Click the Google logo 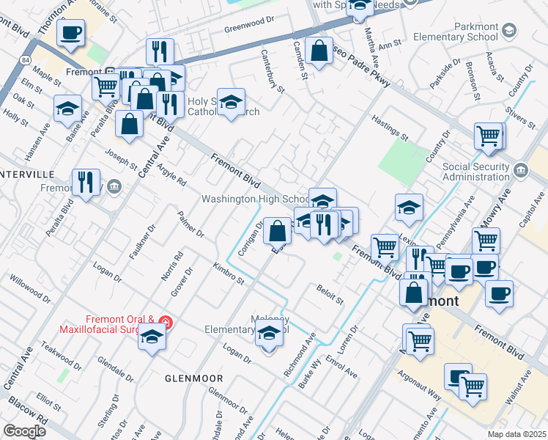tap(24, 431)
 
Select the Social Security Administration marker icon tap(520, 171)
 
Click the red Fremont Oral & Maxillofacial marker tap(166, 322)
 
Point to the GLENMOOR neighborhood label tap(193, 378)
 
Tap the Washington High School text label tap(256, 199)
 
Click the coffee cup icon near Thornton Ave tap(71, 32)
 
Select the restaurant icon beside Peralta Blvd tap(86, 182)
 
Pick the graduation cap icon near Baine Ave tap(67, 109)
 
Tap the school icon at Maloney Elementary tap(269, 334)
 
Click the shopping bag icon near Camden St tap(319, 51)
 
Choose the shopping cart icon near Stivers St tap(488, 136)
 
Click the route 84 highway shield tap(26, 59)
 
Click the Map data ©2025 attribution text tap(516, 434)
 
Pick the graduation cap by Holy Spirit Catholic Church tap(231, 102)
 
